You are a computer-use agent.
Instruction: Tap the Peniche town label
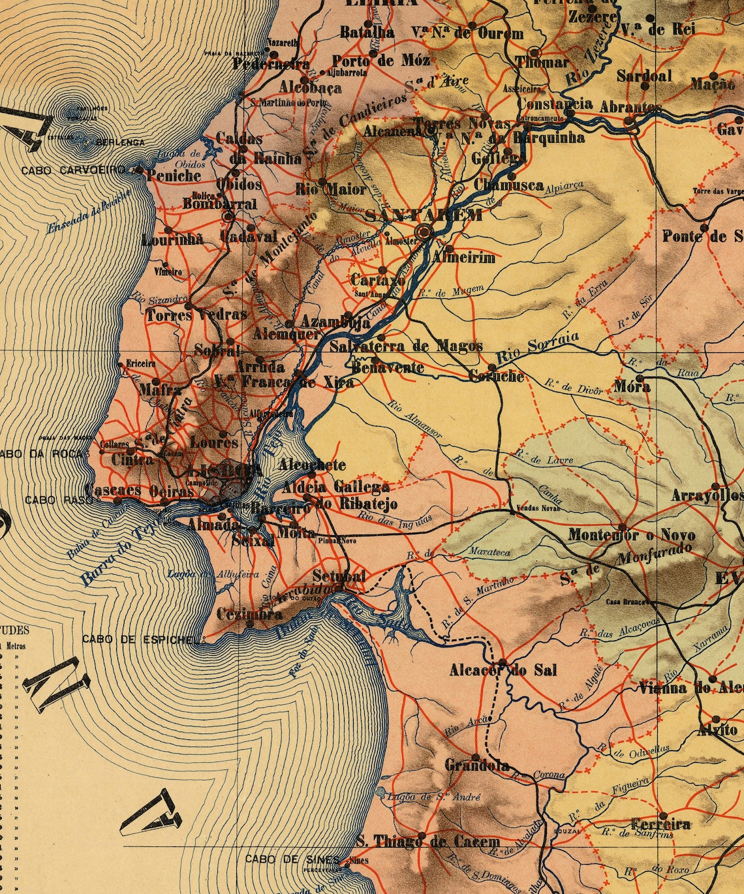coord(174,176)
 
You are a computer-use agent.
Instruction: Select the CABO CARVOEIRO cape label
coord(73,170)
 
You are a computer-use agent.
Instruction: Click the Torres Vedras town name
coord(196,315)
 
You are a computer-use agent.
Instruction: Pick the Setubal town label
coord(339,576)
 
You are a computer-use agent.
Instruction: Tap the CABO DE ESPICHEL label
coord(138,639)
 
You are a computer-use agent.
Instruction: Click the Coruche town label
coord(497,377)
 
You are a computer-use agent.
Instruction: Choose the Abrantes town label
coord(630,107)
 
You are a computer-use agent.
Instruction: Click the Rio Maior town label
coord(331,190)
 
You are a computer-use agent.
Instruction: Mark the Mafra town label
coord(161,390)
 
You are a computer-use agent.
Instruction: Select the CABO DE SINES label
coord(292,859)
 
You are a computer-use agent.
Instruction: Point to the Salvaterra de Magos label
coord(406,346)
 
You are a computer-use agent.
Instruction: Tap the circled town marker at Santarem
coord(426,230)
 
